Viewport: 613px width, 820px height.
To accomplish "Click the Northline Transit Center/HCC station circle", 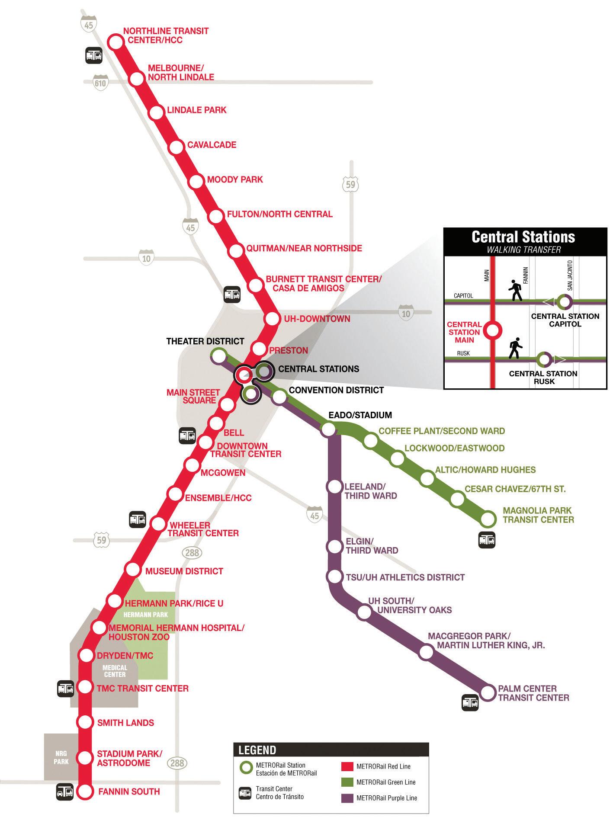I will click(116, 42).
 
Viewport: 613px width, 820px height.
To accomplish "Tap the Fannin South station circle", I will click(85, 791).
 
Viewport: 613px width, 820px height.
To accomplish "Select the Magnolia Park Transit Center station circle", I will click(488, 518).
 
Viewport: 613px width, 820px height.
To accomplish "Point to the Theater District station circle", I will click(218, 356).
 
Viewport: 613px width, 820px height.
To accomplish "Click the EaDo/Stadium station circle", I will click(328, 429).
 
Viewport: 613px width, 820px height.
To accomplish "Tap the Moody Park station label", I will click(235, 179).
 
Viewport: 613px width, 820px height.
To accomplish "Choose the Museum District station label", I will click(184, 571).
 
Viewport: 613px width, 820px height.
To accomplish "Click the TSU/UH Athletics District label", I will click(405, 577).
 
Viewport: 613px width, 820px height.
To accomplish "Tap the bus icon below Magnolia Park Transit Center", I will click(487, 540).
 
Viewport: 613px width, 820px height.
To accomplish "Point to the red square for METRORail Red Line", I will click(347, 766).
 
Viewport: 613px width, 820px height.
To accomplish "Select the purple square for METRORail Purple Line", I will click(347, 798).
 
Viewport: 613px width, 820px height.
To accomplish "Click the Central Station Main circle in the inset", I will click(492, 331).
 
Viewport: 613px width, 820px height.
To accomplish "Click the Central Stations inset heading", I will click(523, 237).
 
